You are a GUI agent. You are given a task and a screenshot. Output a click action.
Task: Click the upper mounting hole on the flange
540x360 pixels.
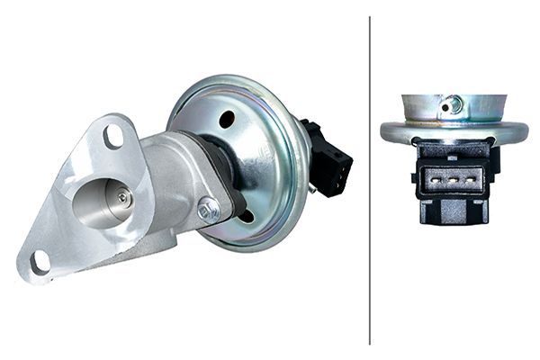tap(113, 136)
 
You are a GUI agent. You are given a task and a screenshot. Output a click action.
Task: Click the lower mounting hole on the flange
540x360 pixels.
tap(40, 263)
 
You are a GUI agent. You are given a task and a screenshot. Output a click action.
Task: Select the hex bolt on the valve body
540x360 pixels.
tap(208, 209)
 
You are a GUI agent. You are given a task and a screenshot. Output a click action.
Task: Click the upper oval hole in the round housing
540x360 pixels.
tap(227, 119)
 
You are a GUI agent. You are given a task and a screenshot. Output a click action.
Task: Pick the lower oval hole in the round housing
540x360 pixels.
tap(245, 217)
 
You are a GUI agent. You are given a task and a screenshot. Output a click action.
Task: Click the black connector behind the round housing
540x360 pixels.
tap(329, 157)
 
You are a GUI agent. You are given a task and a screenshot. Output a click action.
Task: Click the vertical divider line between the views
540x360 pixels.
tap(370, 180)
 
